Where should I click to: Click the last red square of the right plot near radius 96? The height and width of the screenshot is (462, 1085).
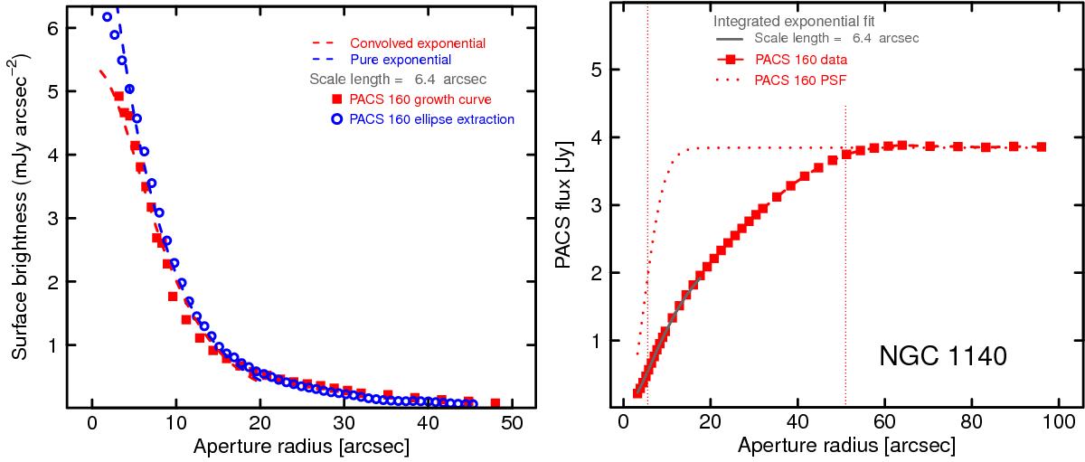1042,146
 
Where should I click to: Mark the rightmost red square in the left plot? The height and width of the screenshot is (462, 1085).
495,401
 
